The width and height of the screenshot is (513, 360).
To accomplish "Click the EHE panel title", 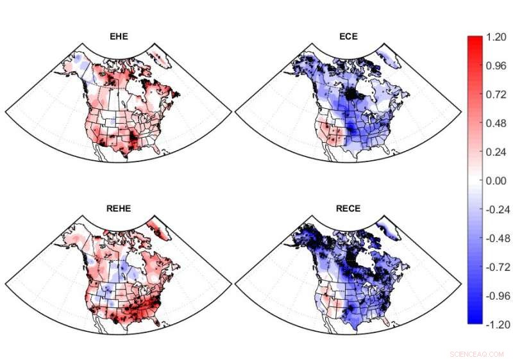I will pos(118,37).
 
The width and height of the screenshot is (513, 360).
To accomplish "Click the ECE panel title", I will pos(348,37).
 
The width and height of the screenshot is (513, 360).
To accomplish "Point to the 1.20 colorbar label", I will pos(497,38).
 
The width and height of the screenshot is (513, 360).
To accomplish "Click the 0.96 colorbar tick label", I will pos(497,67).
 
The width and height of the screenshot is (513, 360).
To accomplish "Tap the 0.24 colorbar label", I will pos(497,152).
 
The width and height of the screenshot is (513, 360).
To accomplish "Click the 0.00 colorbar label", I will pos(497,181).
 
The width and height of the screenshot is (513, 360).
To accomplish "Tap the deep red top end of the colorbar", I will pos(475,40).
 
